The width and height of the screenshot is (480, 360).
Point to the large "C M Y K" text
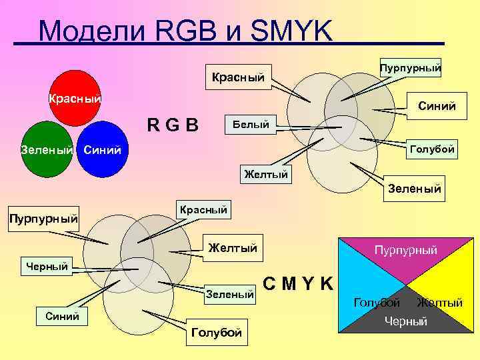tap(299, 284)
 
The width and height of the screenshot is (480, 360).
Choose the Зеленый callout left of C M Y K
tap(230, 293)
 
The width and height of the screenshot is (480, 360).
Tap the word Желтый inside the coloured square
tap(439, 303)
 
